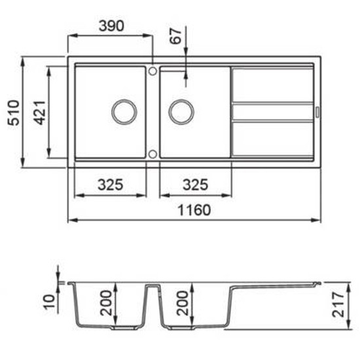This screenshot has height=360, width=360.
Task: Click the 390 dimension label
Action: point(111,26)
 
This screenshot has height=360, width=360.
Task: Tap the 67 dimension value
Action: point(176,36)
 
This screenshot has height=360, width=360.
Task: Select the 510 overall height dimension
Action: point(14,113)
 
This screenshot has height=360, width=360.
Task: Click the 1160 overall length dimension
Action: point(194,210)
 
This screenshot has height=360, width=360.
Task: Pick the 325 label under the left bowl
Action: point(111,185)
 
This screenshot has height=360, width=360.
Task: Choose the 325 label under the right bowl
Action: point(196,185)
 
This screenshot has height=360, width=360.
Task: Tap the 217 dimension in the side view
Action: point(338,304)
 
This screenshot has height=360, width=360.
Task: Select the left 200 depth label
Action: point(106,303)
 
